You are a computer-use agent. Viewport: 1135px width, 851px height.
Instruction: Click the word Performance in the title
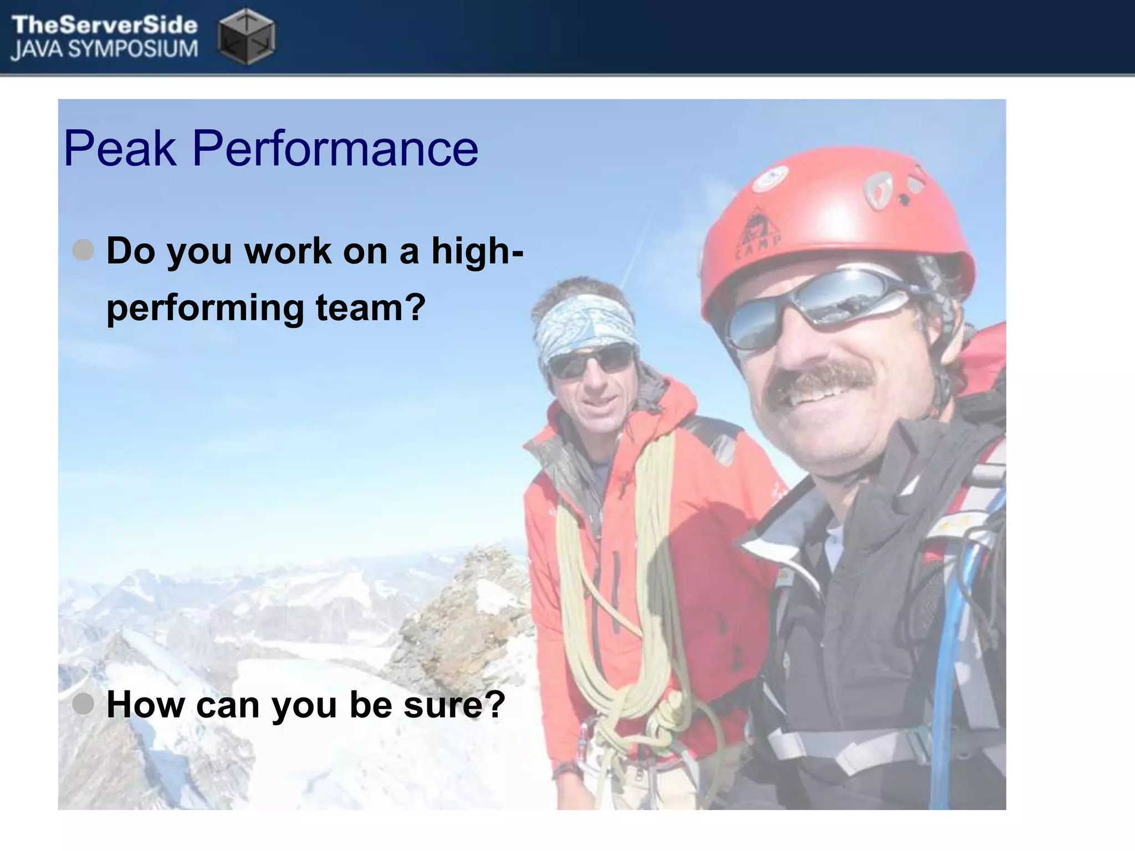tap(335, 148)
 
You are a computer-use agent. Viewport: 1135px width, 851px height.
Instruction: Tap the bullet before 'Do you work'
tap(83, 250)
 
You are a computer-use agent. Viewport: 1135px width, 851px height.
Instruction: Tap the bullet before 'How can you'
tap(83, 704)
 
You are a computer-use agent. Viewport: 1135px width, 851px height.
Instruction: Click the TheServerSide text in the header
tap(104, 25)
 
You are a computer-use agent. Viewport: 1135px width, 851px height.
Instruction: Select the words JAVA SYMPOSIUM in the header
tap(104, 49)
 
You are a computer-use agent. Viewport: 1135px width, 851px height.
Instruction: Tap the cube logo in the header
tap(247, 35)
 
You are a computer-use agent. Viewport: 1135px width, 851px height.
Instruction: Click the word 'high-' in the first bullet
tap(477, 250)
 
